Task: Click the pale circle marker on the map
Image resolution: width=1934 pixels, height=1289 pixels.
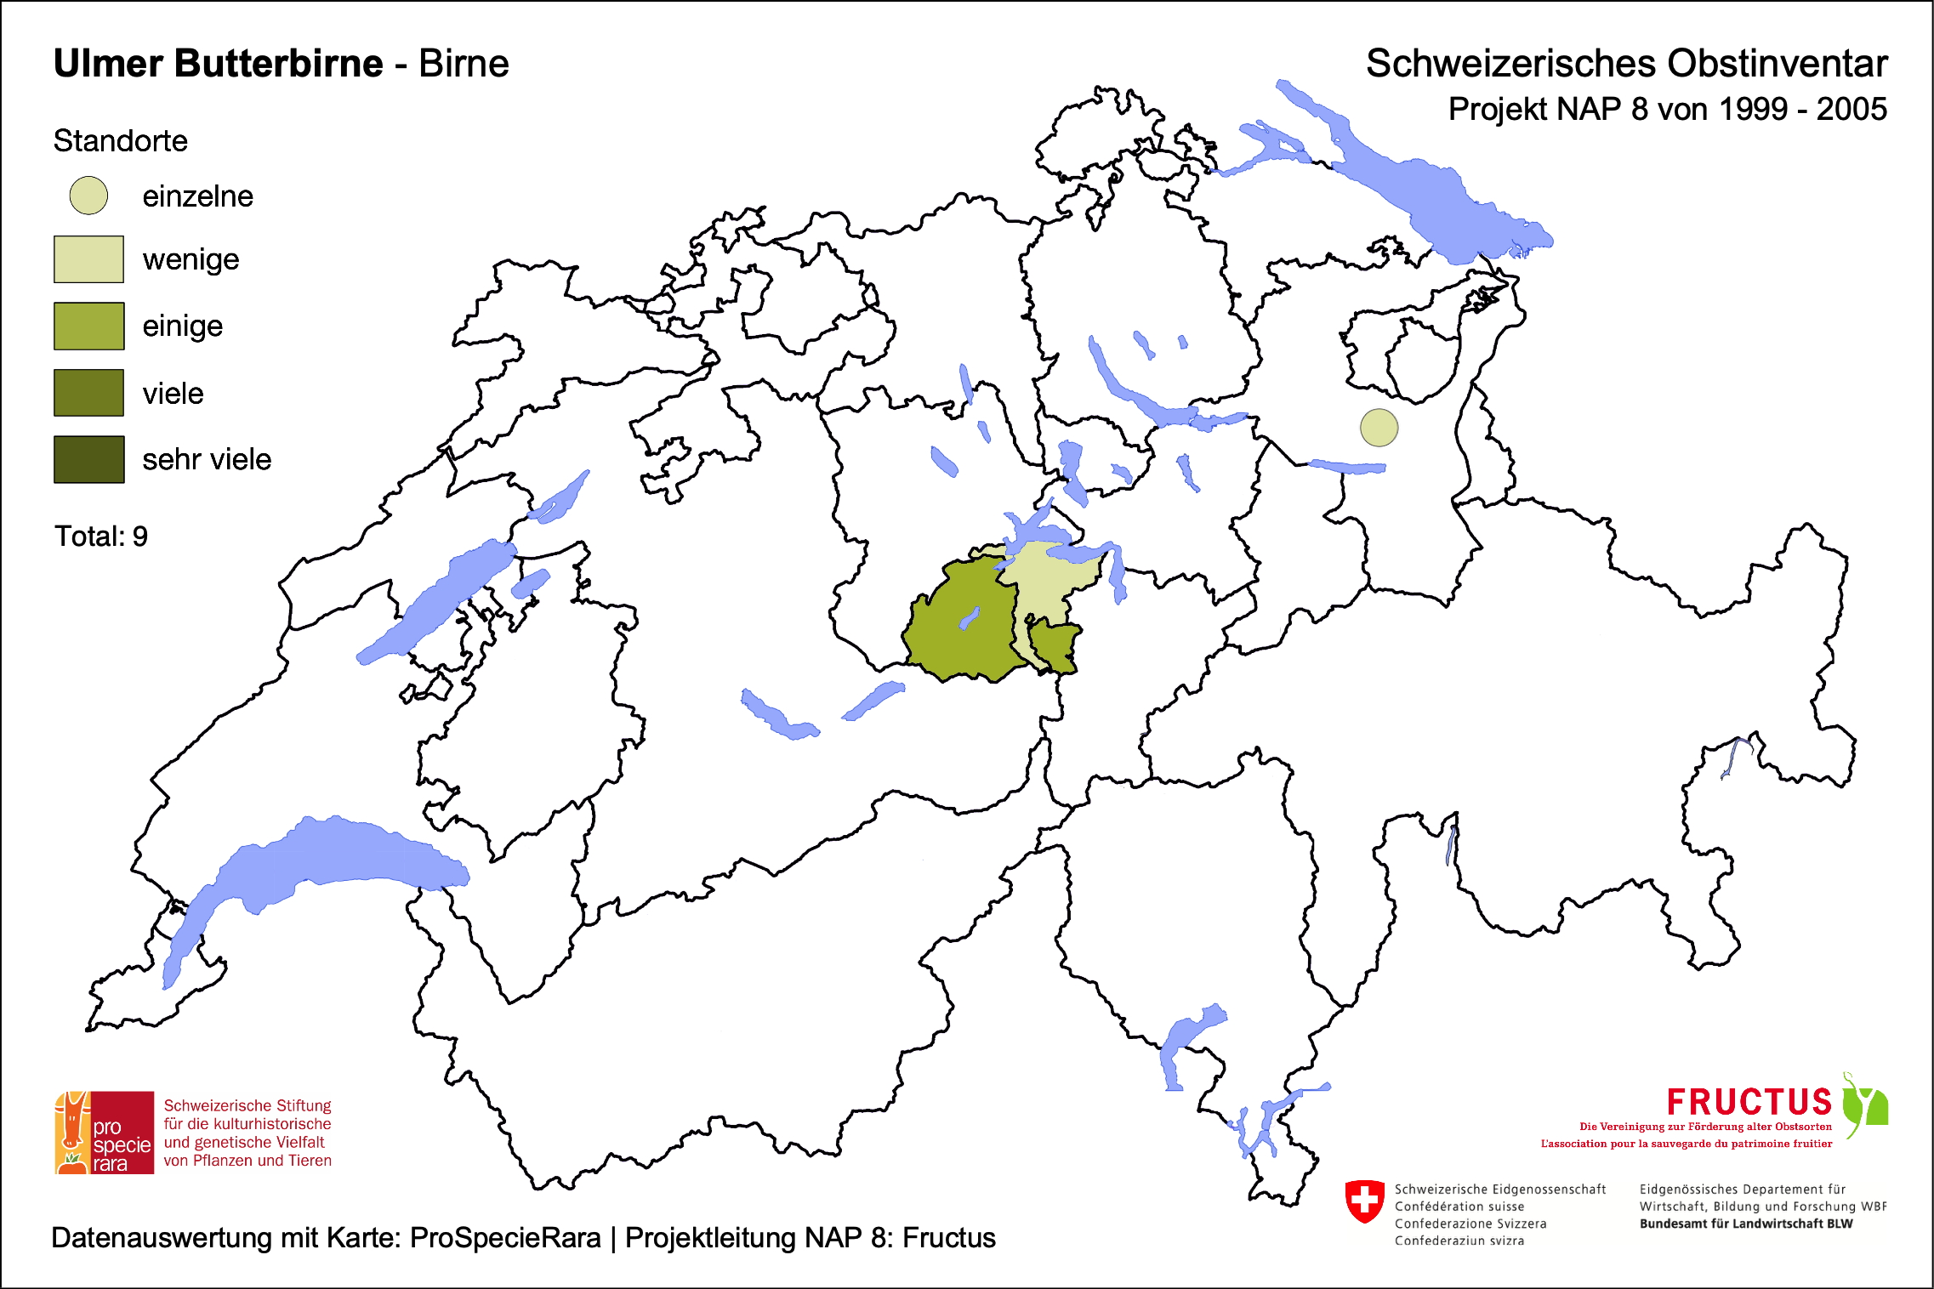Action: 1379,428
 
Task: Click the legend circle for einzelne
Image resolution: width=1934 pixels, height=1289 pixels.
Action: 88,196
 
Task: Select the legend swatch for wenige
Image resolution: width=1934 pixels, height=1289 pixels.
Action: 88,259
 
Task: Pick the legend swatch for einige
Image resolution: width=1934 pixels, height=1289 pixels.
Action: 88,326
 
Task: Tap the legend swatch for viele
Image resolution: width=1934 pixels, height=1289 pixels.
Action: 88,393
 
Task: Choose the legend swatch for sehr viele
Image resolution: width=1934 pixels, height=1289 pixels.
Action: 88,459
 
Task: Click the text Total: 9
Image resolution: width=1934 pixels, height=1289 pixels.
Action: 101,537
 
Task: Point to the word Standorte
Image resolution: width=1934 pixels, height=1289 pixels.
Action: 120,141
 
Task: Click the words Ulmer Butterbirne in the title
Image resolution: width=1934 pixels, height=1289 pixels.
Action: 218,64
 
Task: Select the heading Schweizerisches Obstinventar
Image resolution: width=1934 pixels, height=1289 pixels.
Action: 1626,64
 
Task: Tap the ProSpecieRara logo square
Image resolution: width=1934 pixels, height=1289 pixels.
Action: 105,1133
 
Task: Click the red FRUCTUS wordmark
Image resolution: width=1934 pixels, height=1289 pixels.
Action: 1749,1103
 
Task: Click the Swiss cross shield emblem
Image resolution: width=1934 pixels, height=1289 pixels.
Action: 1364,1201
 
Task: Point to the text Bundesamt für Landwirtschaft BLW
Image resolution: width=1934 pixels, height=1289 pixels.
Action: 1745,1224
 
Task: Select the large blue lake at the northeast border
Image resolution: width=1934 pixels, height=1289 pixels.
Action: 1437,196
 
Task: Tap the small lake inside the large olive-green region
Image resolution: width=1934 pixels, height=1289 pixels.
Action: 969,618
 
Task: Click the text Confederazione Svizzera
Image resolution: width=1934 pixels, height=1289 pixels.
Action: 1470,1224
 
